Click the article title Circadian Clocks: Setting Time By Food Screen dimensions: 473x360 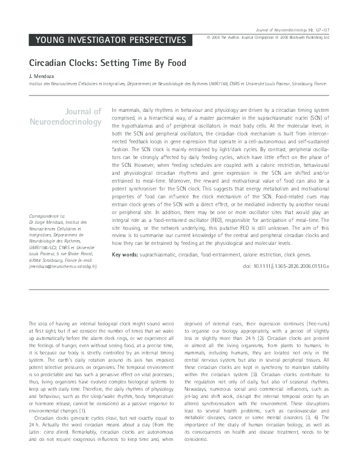[108, 62]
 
